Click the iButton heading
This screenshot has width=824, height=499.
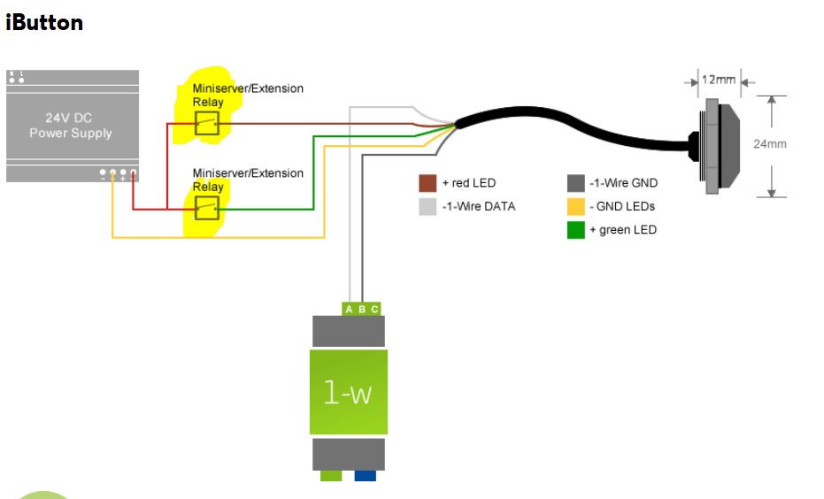pos(44,23)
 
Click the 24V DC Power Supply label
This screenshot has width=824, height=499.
pos(71,126)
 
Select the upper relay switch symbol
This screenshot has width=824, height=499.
pos(207,124)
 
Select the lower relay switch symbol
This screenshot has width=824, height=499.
pos(207,209)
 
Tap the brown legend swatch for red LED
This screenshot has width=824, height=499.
pos(427,183)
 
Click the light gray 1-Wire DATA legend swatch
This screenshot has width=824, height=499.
pos(427,207)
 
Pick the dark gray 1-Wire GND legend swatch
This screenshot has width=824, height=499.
pos(576,183)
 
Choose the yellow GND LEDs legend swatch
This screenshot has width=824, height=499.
pos(576,207)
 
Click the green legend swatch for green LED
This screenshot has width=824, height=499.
pos(576,230)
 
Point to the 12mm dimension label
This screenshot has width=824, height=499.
pos(719,80)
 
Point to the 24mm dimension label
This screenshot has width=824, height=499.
pos(769,144)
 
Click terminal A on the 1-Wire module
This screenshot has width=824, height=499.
pos(350,309)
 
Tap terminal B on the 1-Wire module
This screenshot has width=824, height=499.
pos(362,309)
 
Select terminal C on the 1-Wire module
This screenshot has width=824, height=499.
pos(374,309)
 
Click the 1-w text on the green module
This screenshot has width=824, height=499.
pos(348,392)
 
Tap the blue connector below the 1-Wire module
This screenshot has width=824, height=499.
pos(365,476)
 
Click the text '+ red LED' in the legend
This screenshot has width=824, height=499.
pos(469,183)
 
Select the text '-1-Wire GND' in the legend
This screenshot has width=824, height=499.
pos(624,183)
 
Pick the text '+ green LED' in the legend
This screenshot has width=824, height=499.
pos(624,230)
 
